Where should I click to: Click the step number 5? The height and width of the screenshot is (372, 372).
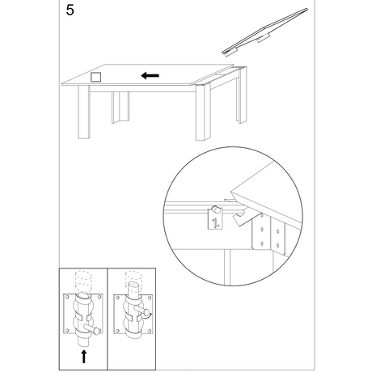(70, 11)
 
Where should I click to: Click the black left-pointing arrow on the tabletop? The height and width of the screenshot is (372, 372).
(150, 76)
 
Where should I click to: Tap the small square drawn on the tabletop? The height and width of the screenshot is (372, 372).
(95, 77)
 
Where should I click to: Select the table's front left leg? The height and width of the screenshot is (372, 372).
(84, 112)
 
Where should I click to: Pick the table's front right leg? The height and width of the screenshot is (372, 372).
(203, 112)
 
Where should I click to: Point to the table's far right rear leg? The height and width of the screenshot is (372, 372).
(242, 95)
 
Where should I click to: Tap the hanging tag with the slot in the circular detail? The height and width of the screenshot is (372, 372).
(215, 220)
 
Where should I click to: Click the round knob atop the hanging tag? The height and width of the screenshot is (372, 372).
(215, 209)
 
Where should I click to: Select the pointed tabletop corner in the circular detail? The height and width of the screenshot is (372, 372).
(231, 192)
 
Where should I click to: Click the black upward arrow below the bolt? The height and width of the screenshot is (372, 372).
(84, 357)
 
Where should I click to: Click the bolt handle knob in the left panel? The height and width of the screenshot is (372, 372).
(97, 330)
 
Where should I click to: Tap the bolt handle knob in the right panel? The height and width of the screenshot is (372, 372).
(147, 312)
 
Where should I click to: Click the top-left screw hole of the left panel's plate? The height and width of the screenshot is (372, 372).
(67, 297)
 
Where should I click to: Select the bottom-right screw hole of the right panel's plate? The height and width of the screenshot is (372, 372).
(149, 331)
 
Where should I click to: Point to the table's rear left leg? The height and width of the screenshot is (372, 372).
(120, 108)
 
